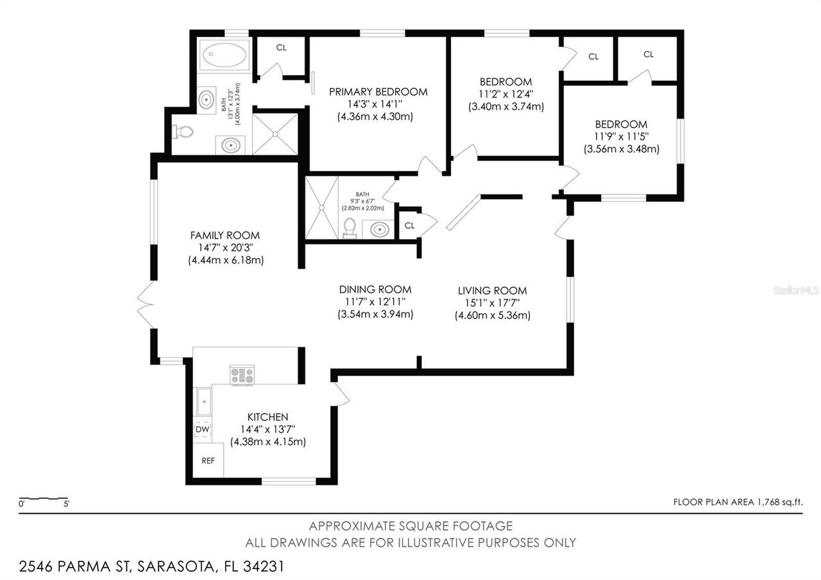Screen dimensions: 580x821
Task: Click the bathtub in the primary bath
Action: pos(223,55)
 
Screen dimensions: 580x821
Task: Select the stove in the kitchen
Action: pos(242,375)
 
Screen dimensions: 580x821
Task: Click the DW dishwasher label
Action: pos(201,429)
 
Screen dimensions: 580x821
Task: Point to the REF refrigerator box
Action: pos(208,461)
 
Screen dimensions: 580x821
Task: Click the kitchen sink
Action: pos(203,402)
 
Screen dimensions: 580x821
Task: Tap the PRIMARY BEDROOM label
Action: pos(378,92)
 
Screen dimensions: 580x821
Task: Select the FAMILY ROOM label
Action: pos(224,235)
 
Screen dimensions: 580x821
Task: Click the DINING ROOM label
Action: pos(375,289)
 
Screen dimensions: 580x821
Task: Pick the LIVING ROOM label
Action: pos(492,291)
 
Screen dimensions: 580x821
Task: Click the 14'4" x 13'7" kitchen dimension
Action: pos(267,429)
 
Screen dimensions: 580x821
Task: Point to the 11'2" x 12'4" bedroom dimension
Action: pos(506,94)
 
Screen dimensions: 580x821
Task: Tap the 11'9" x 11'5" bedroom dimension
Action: pos(621,137)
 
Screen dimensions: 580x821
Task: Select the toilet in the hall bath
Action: pos(350,227)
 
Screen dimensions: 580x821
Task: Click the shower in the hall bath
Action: pos(321,208)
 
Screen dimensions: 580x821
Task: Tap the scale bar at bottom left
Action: pos(44,499)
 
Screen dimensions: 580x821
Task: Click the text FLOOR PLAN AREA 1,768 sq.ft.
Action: pos(738,502)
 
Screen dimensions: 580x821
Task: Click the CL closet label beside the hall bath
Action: pos(410,225)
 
